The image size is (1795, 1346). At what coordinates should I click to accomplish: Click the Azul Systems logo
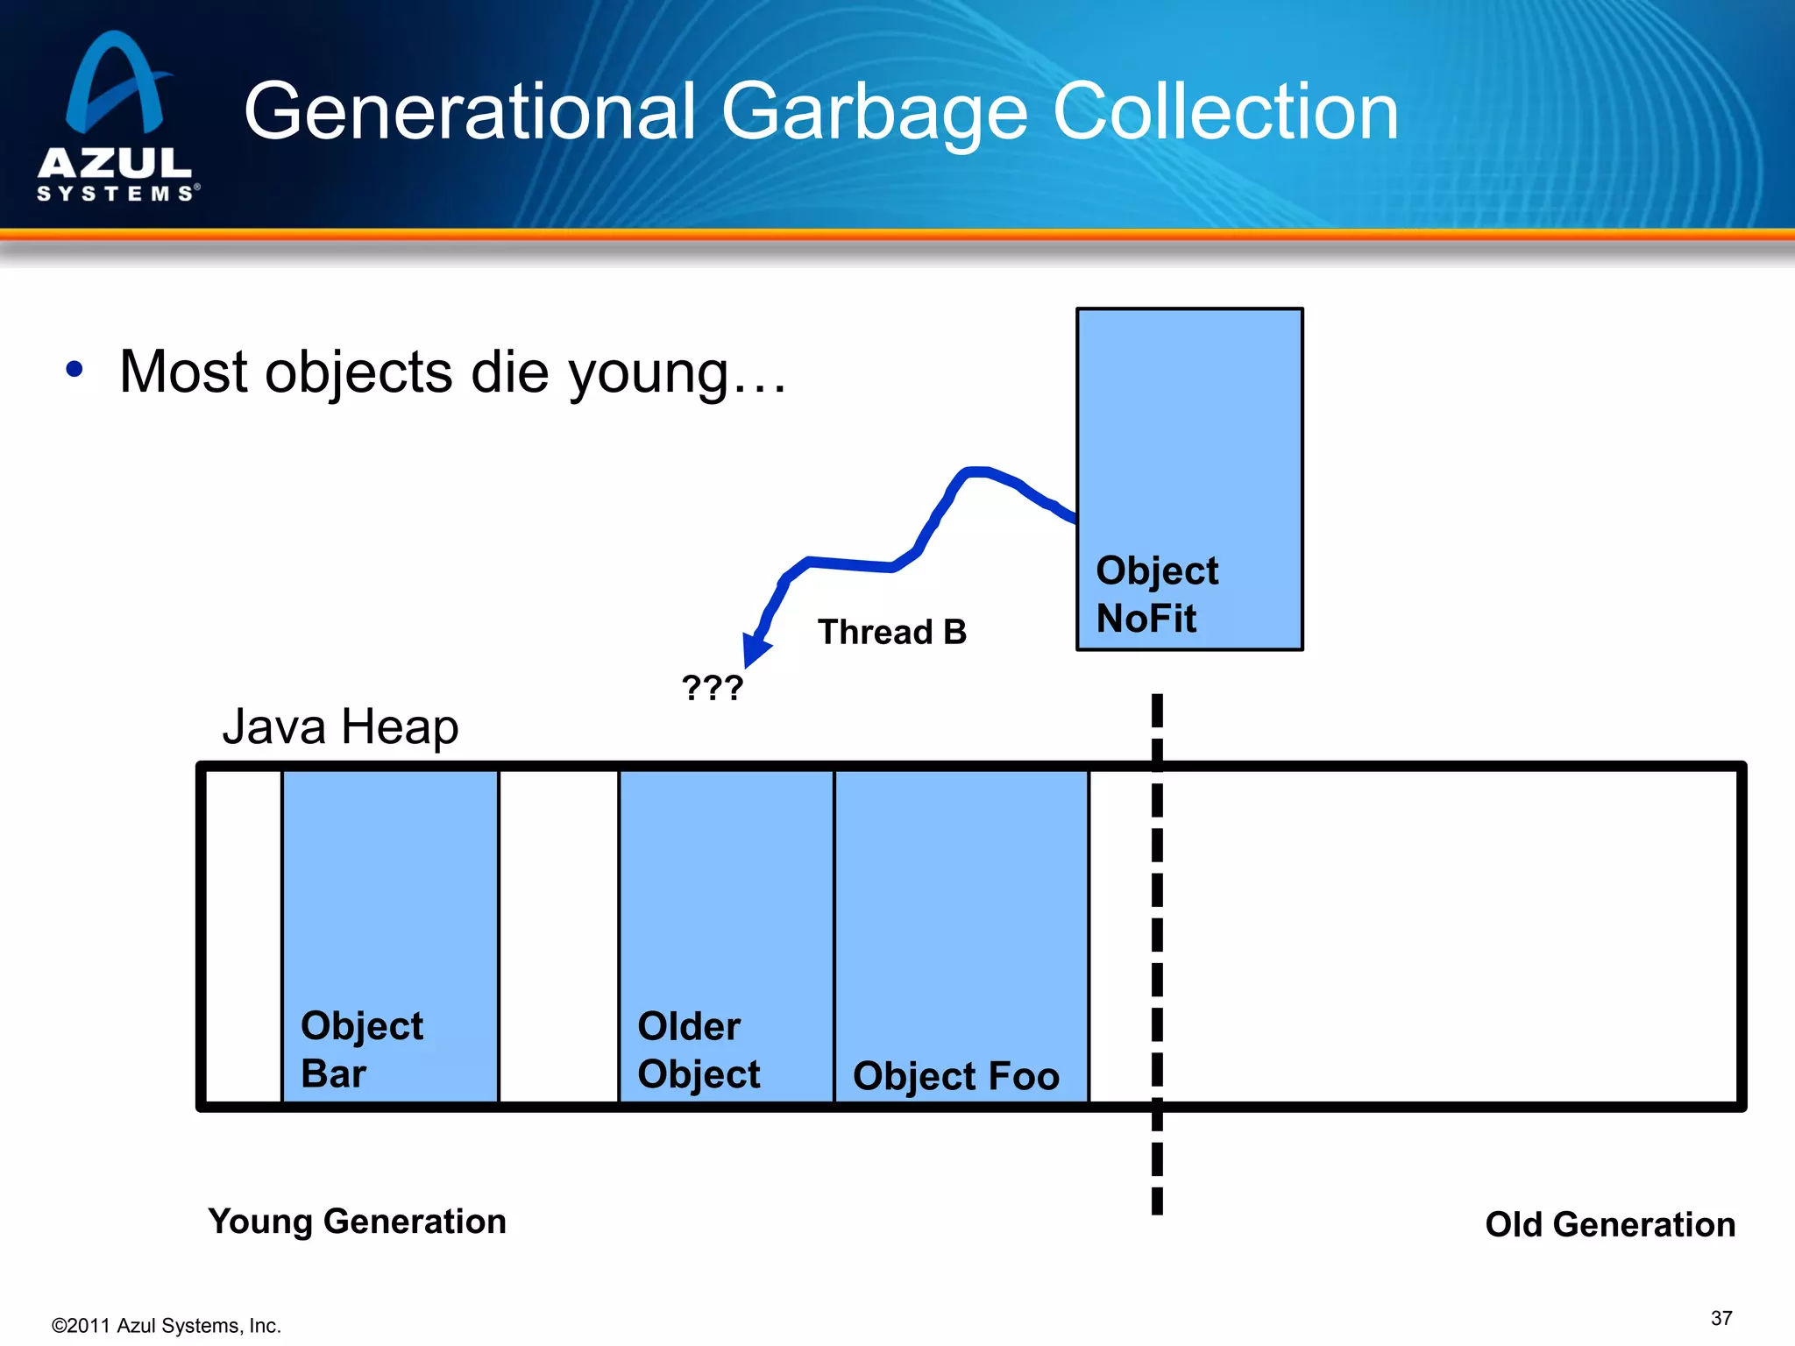click(x=116, y=118)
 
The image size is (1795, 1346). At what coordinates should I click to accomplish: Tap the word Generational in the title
click(x=470, y=112)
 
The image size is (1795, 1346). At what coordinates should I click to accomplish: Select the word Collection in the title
click(x=1224, y=112)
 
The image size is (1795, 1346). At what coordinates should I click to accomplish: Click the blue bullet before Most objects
click(x=74, y=370)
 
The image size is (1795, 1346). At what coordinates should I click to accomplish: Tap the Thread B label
click(x=891, y=632)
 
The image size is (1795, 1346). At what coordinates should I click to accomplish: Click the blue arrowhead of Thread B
click(x=755, y=649)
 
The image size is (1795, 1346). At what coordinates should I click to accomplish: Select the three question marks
click(x=713, y=688)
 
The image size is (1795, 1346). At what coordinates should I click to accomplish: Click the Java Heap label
click(x=340, y=727)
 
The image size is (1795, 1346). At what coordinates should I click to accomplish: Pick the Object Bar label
click(x=361, y=1049)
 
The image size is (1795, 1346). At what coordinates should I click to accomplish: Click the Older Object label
click(x=698, y=1050)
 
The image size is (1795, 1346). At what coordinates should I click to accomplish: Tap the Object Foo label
click(x=955, y=1075)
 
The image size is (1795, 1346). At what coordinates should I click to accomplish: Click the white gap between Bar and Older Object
click(x=558, y=936)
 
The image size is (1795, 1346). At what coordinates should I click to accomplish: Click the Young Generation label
click(x=357, y=1221)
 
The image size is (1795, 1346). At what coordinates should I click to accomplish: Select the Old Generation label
click(x=1609, y=1224)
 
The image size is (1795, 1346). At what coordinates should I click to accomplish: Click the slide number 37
click(x=1721, y=1318)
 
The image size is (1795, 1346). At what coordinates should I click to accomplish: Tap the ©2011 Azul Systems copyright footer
click(x=167, y=1326)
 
